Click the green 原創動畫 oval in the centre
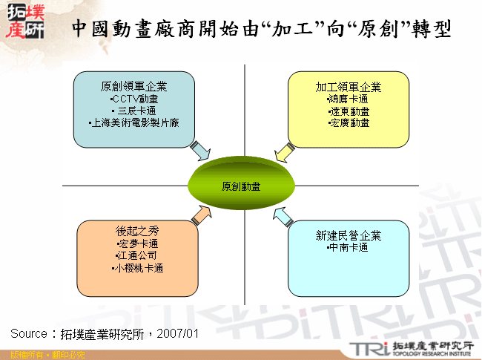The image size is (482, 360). [240, 186]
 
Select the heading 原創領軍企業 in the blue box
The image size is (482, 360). [133, 87]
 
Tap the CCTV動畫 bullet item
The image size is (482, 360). [133, 99]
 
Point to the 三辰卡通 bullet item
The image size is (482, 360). [133, 111]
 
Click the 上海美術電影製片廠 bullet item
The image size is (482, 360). [133, 122]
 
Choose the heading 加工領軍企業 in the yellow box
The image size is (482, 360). [349, 87]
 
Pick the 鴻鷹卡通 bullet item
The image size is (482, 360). [349, 99]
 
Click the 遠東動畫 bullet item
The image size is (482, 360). [349, 111]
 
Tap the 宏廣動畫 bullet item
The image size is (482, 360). [349, 122]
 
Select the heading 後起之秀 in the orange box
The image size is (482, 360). [138, 232]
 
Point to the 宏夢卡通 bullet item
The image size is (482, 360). [138, 243]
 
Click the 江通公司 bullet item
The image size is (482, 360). [138, 255]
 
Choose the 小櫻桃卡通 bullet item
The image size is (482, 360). [138, 267]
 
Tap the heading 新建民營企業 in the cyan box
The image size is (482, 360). [348, 236]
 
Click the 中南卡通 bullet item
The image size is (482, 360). [348, 248]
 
